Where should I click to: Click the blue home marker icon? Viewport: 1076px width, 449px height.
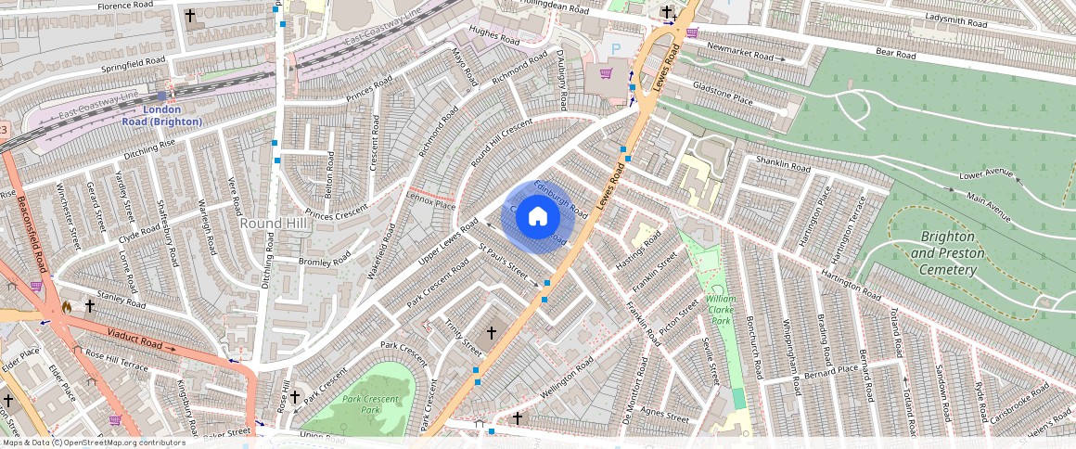coord(537,216)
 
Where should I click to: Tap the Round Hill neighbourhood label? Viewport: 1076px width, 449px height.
coord(268,224)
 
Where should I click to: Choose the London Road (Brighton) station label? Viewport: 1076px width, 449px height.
coord(161,115)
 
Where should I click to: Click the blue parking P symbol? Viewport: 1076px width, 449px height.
coord(613,48)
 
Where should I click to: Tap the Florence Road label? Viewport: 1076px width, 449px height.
coord(129,6)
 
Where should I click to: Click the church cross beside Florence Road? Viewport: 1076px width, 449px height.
coord(190,17)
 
